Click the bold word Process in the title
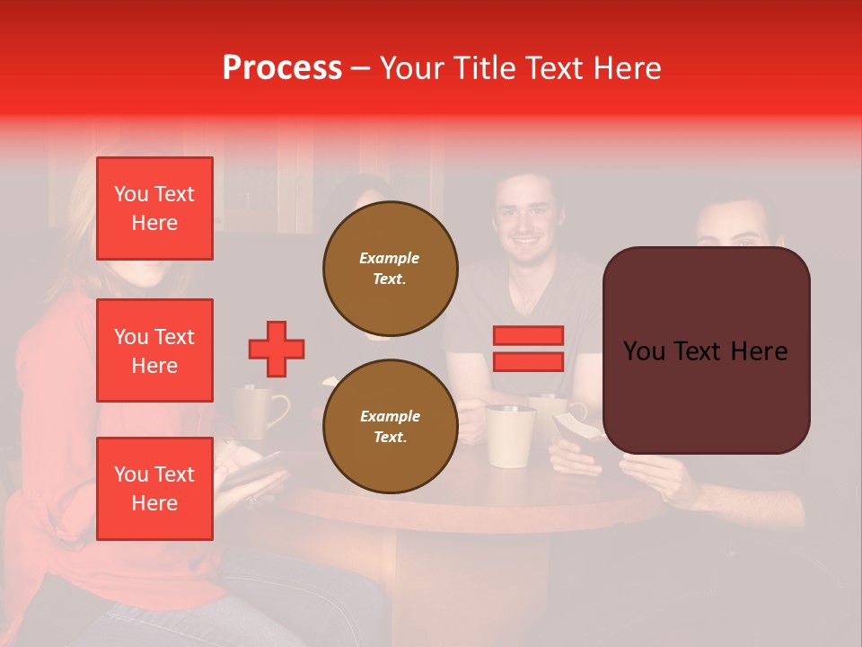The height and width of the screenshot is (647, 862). [x=282, y=68]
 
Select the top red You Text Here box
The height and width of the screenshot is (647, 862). [x=154, y=208]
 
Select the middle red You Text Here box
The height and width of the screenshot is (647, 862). [x=154, y=350]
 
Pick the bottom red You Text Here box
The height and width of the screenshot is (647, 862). [x=154, y=488]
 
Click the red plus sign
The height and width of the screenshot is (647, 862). [x=277, y=349]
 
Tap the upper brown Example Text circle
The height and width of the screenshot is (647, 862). [x=391, y=268]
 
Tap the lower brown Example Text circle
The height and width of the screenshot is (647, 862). [x=391, y=426]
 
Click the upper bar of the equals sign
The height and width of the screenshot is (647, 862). [x=529, y=335]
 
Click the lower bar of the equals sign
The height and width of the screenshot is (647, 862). [x=529, y=361]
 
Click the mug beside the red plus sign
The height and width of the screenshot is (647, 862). [x=257, y=411]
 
